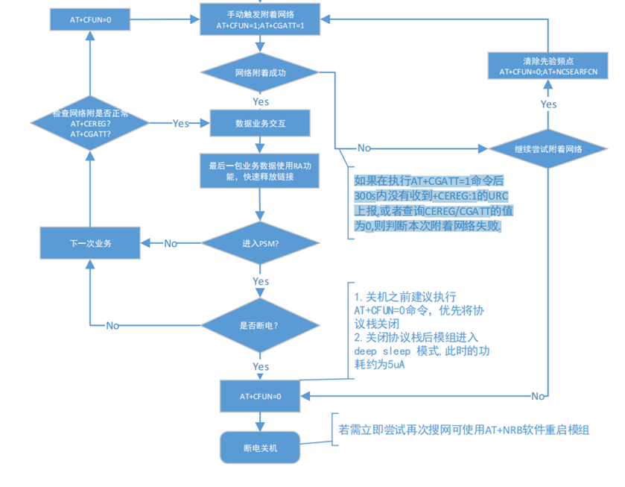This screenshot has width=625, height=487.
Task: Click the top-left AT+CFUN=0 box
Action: tap(88, 19)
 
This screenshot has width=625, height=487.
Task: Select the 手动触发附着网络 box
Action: tap(260, 19)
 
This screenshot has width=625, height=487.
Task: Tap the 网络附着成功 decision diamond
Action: tap(260, 73)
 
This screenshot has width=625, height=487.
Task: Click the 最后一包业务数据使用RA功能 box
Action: tap(260, 171)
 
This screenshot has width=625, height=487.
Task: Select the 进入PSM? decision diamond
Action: tap(260, 242)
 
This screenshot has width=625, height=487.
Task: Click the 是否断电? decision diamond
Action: tap(260, 325)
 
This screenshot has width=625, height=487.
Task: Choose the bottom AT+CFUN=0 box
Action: tap(260, 395)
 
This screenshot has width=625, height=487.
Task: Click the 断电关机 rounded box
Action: tap(260, 447)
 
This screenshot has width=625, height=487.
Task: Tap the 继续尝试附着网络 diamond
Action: tap(548, 148)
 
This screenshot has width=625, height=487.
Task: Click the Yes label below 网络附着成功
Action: tap(261, 101)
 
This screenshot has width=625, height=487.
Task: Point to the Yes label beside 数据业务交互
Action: tap(180, 123)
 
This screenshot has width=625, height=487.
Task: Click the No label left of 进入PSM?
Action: tap(171, 243)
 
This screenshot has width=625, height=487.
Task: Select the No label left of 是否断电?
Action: tap(112, 325)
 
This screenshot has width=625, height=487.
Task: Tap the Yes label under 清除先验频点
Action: tap(548, 104)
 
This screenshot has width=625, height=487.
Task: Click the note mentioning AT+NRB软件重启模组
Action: tap(463, 430)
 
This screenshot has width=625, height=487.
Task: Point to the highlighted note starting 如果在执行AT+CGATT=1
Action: tap(431, 204)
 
